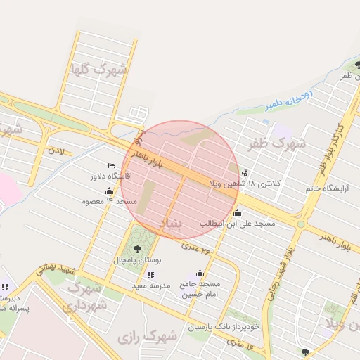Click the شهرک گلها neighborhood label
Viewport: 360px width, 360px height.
point(97,70)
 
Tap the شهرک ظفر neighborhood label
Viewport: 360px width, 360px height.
point(278,144)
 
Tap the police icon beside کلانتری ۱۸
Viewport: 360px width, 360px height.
point(244,172)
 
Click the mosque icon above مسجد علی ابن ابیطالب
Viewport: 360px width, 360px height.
point(237,213)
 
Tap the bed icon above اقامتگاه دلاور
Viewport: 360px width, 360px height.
point(111,166)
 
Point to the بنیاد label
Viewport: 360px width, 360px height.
point(173,224)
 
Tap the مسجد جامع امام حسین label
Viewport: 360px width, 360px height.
point(200,288)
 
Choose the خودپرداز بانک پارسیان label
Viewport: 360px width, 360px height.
point(224,327)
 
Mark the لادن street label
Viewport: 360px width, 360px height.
point(56,150)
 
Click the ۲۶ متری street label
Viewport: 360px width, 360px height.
point(196,247)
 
